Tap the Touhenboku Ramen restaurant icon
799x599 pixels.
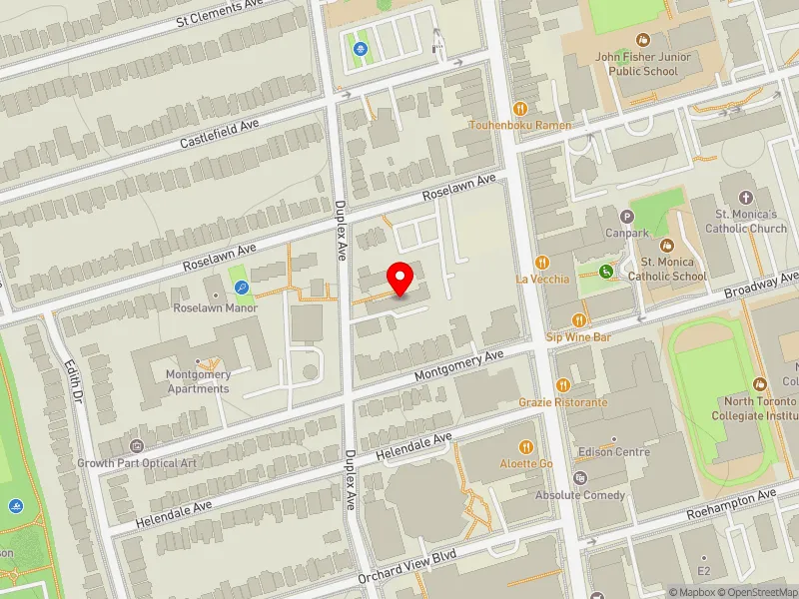(x=519, y=109)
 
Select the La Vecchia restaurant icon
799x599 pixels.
(x=542, y=262)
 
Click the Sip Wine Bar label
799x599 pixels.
(x=578, y=337)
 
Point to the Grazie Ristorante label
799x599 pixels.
(x=562, y=401)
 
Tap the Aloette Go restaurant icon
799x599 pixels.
(x=526, y=447)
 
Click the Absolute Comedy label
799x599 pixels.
(x=580, y=494)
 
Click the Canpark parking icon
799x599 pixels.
(x=627, y=216)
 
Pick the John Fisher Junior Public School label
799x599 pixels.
(x=643, y=64)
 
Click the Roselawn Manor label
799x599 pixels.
(x=215, y=307)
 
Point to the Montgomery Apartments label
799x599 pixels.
(x=198, y=381)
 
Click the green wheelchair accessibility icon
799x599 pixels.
(x=605, y=272)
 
